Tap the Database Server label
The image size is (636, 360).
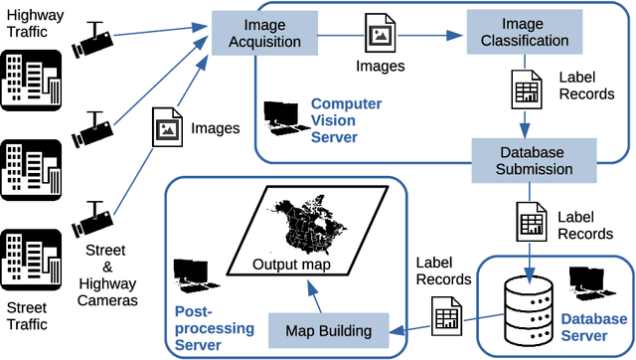tap(594, 328)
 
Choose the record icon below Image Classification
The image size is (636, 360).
tap(524, 90)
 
